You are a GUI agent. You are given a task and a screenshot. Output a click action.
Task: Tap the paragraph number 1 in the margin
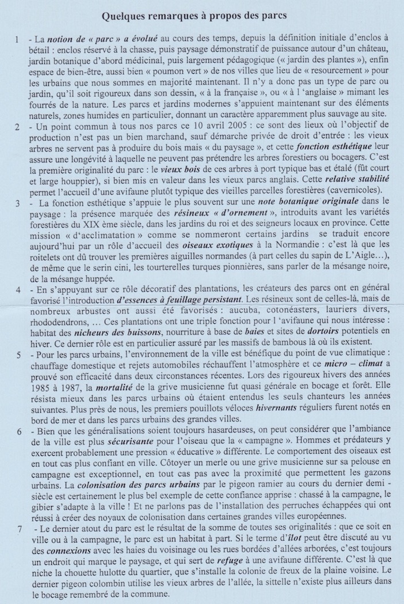[x=18, y=40]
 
